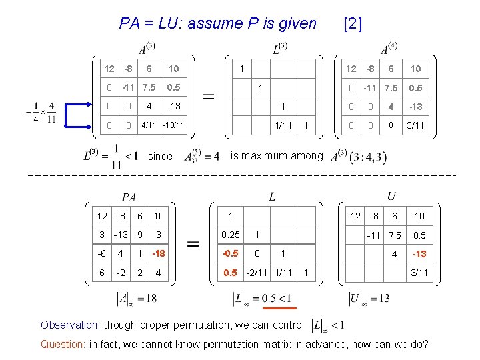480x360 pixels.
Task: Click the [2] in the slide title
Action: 351,24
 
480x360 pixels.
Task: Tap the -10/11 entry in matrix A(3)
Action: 173,125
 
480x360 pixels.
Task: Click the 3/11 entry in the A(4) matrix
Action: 415,125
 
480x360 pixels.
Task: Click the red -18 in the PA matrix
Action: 158,253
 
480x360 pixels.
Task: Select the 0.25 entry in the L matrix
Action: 231,235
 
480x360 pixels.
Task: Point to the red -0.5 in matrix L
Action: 230,254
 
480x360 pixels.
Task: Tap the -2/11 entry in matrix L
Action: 258,273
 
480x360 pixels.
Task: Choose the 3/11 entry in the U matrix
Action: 419,273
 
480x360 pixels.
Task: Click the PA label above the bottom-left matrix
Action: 130,197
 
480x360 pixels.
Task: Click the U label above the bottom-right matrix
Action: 391,195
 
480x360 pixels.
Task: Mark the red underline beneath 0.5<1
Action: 275,309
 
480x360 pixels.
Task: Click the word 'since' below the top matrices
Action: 160,157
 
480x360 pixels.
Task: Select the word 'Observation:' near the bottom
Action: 69,325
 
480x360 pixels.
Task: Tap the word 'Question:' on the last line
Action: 63,345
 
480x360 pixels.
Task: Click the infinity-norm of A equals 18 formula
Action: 137,298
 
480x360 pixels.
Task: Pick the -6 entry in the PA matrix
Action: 102,253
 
